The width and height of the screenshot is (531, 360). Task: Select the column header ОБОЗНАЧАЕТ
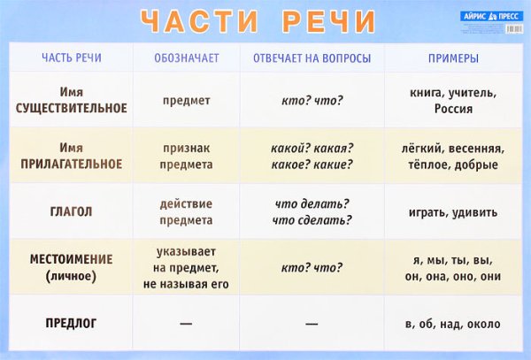coord(186,59)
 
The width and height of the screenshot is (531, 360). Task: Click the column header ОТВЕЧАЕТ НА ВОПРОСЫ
coord(312,59)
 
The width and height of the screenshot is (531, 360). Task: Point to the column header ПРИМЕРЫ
coord(453,59)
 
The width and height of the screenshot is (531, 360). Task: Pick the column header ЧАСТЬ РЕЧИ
coord(72,59)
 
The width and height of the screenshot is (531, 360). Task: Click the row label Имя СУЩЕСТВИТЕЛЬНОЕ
coord(72,100)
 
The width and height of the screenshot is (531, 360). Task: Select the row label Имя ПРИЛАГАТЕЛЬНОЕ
coord(72,156)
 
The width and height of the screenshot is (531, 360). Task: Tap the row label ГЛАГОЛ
coord(72,212)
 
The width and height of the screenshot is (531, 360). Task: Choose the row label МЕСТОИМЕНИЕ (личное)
coord(72,267)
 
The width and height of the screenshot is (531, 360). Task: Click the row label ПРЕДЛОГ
coord(72,324)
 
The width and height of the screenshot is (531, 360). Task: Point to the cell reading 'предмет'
coord(186,100)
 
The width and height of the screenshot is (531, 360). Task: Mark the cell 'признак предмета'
coord(186,156)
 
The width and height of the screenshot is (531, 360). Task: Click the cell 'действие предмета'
coord(186,212)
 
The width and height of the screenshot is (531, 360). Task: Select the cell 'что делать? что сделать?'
coord(312,212)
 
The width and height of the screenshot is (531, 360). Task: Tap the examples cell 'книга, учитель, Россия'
coord(453,100)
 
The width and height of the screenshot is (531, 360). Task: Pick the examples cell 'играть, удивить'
coord(453,212)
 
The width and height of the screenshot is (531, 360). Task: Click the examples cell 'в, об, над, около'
coord(453,324)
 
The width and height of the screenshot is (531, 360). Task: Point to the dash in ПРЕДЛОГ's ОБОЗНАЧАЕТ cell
coord(186,324)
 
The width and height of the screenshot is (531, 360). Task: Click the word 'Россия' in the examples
coord(453,109)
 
